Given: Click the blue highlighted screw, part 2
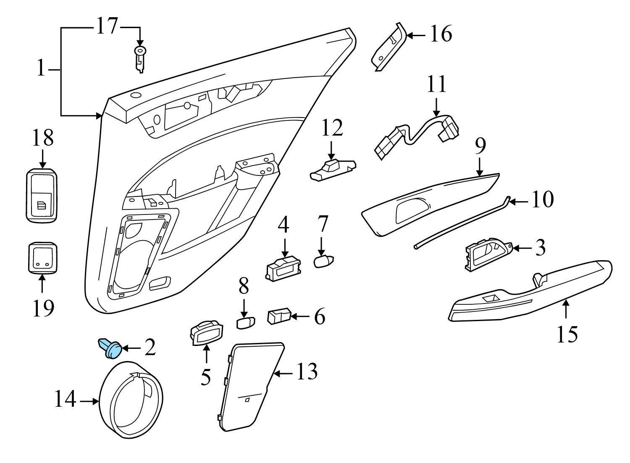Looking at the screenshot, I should [110, 348].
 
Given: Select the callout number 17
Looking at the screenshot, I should [107, 26].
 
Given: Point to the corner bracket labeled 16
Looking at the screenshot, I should [388, 48].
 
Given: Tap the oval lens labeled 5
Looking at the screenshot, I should [205, 334].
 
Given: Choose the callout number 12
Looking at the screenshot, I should [332, 128].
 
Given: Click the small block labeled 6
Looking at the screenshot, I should [279, 316].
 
